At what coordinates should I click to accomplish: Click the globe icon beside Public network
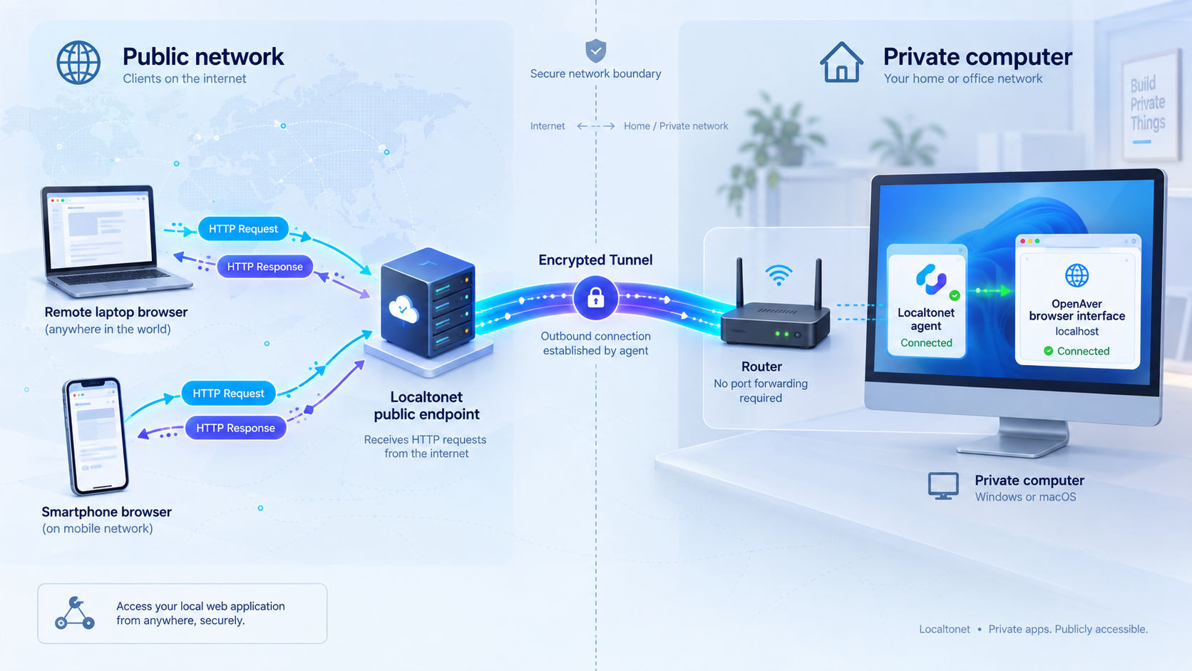tap(78, 63)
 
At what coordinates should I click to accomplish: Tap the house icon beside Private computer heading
tap(841, 62)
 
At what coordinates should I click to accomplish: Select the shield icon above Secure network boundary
tap(595, 51)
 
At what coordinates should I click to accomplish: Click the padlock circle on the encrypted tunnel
tap(595, 298)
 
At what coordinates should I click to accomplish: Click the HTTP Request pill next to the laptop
tap(243, 229)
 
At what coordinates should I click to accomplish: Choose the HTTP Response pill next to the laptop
tap(264, 267)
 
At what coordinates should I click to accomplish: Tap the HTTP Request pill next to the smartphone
tap(228, 393)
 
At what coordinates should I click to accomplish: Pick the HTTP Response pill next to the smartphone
tap(235, 428)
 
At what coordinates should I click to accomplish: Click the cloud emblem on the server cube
tap(404, 309)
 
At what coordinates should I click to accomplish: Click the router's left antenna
tap(740, 282)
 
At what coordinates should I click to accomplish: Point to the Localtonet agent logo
tap(931, 280)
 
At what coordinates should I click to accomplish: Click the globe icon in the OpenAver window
tap(1077, 276)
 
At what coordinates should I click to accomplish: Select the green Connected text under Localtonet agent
tap(927, 343)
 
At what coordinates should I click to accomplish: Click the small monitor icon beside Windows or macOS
tap(943, 486)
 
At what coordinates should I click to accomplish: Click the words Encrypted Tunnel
tap(595, 260)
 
